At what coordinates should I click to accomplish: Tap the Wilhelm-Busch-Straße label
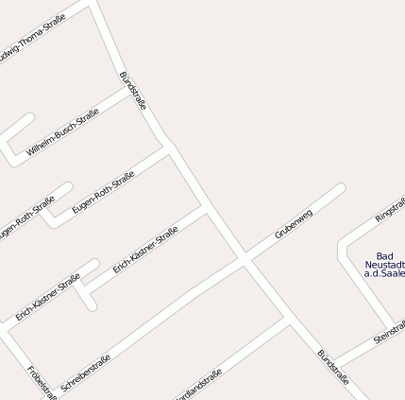click(x=62, y=132)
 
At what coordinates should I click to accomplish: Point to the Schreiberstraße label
click(x=86, y=373)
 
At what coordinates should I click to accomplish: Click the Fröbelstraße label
click(x=42, y=382)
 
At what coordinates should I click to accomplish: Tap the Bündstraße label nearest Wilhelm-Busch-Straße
click(x=133, y=91)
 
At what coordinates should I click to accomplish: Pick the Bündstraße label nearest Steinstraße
click(x=333, y=367)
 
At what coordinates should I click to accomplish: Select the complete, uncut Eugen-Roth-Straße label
click(x=103, y=192)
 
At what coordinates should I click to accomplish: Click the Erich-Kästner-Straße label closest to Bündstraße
click(x=145, y=250)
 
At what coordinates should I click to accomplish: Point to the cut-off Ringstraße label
click(x=391, y=210)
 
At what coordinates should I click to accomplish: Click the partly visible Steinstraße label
click(x=390, y=331)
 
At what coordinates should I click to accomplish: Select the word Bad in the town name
click(x=384, y=255)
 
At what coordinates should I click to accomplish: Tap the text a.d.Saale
click(x=384, y=274)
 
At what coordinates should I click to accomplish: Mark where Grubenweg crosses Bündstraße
click(x=245, y=255)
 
